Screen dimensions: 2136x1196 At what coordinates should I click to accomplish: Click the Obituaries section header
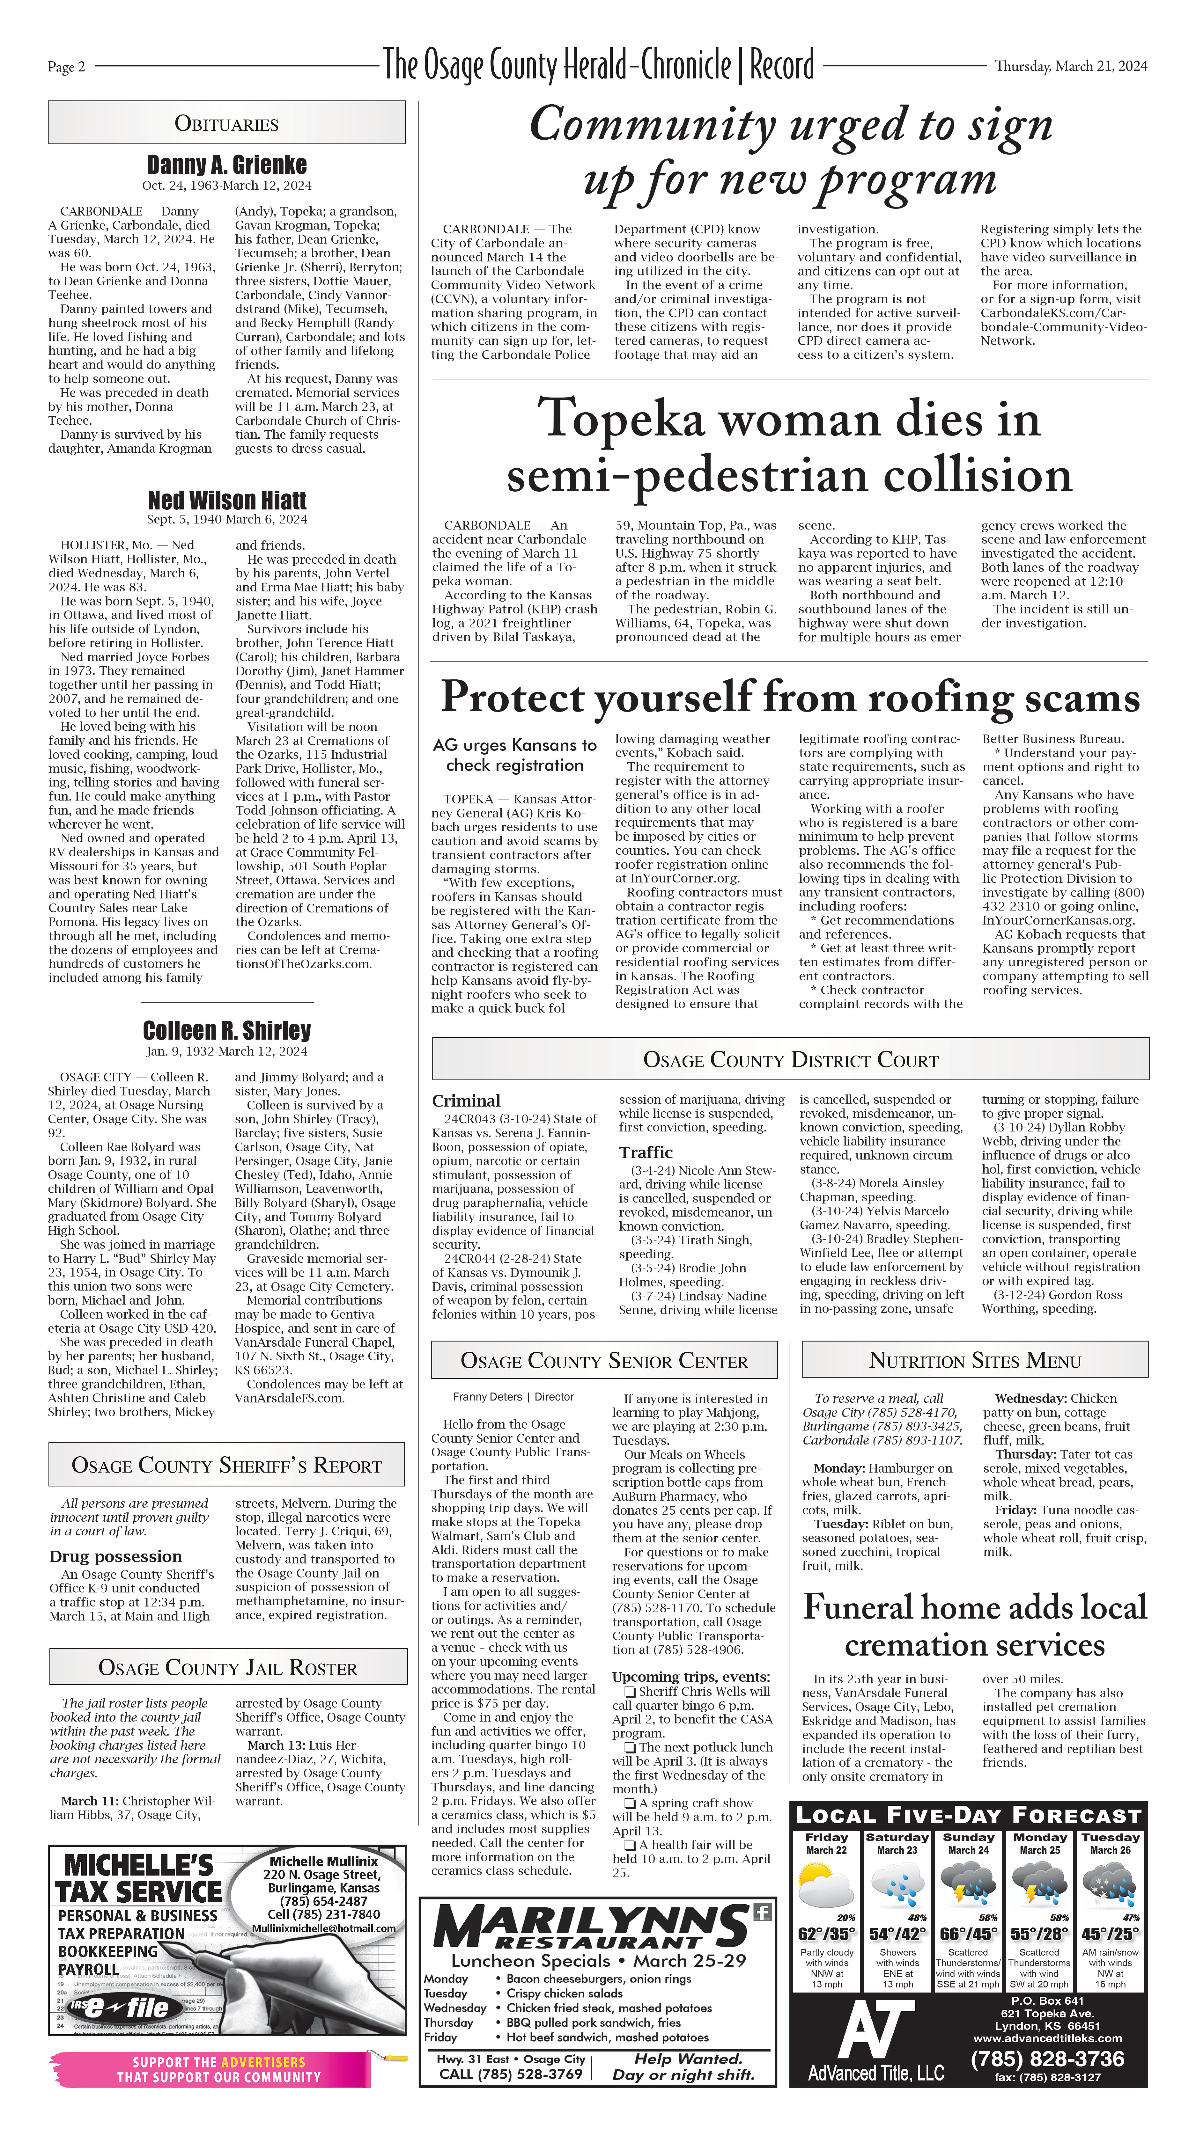point(226,124)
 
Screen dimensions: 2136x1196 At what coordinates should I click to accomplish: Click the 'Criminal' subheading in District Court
point(466,1100)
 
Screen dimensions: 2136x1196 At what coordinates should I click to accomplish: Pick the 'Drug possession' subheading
point(115,1556)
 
